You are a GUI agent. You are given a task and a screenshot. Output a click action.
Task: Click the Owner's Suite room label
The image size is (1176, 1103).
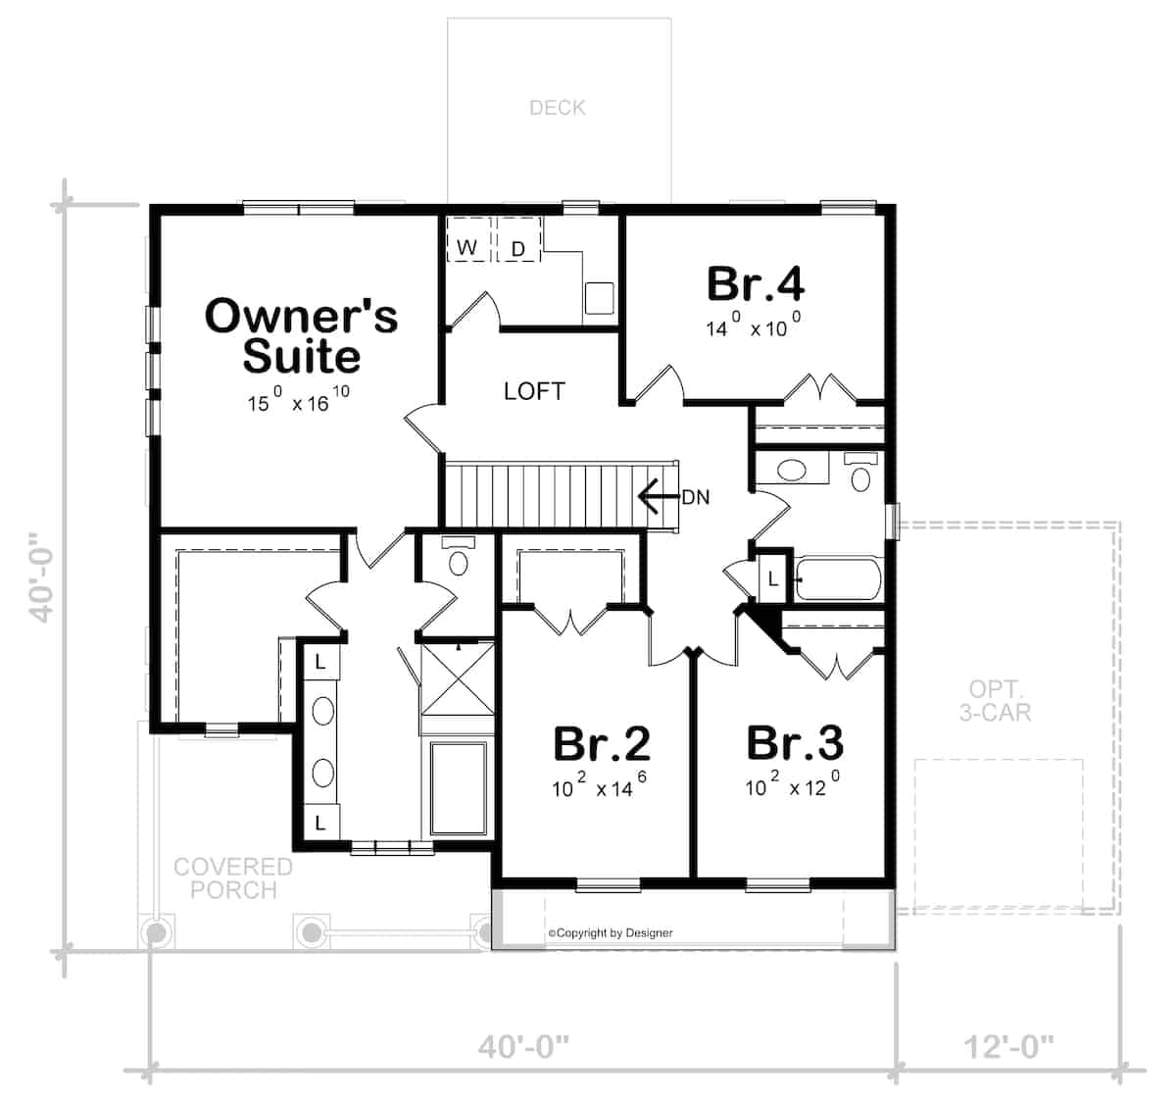coord(301,335)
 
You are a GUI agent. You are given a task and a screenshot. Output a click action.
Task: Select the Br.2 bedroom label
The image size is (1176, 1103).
coord(601,743)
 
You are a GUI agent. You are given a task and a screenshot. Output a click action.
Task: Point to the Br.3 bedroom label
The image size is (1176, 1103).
coord(794,743)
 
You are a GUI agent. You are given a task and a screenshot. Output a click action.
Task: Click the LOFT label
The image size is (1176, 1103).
coord(534,391)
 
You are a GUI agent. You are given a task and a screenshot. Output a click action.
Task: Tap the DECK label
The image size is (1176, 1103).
coord(558,108)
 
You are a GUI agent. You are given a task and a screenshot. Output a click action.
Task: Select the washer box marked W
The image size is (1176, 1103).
coord(467,246)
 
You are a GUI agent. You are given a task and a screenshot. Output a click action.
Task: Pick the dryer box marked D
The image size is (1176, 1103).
coord(518,248)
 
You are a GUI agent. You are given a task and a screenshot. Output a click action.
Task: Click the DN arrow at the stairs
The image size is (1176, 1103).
coord(659,497)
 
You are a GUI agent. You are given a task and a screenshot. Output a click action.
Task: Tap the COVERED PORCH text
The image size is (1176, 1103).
coord(233,878)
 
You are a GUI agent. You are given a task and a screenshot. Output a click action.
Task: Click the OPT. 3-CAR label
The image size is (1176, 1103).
coord(995,700)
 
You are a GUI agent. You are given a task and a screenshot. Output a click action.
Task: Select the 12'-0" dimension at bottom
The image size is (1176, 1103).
coord(1009,1047)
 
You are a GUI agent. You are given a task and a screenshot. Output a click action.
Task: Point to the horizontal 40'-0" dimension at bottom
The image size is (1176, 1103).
coord(523,1047)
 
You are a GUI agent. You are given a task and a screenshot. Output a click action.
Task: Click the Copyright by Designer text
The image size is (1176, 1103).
coord(611,933)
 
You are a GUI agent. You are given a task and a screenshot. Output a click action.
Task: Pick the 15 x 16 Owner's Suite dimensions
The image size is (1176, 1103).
coord(298,401)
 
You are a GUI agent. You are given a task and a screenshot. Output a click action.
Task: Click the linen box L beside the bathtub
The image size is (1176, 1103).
coord(772,578)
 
